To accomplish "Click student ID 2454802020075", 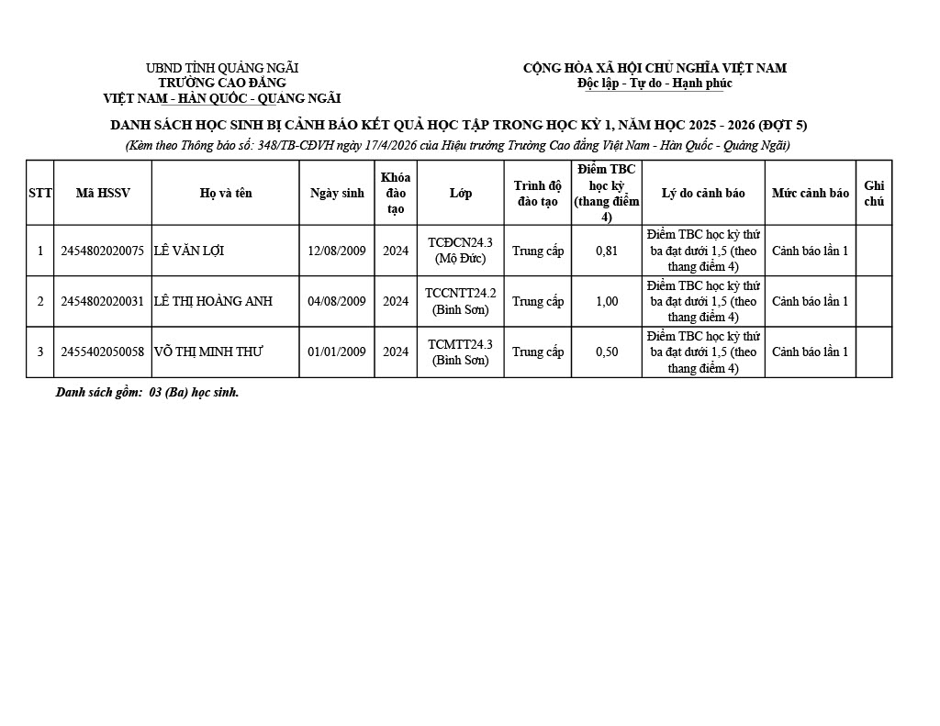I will (x=102, y=251).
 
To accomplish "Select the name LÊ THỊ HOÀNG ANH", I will (x=213, y=301).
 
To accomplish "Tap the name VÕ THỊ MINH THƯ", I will (x=208, y=352).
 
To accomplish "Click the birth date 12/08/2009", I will (x=336, y=251).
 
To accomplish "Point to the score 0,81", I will (x=606, y=251).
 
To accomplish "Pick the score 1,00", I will (x=606, y=301).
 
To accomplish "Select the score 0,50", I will (x=606, y=352).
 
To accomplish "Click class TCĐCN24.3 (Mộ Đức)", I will (x=460, y=251).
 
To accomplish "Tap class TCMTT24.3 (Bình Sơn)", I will (x=460, y=352).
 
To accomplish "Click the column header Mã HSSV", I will (x=103, y=193).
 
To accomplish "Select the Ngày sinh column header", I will (x=337, y=193).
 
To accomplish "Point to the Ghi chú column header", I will (x=874, y=193).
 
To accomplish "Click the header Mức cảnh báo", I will (x=810, y=193).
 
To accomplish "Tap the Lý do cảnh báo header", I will (x=703, y=193).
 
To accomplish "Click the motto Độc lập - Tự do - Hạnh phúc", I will (x=655, y=84).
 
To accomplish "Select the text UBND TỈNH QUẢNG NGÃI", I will (x=222, y=68).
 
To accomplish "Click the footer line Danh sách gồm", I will (x=147, y=392).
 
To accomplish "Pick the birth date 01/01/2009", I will (x=336, y=352).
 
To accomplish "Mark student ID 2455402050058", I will (x=102, y=352).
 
